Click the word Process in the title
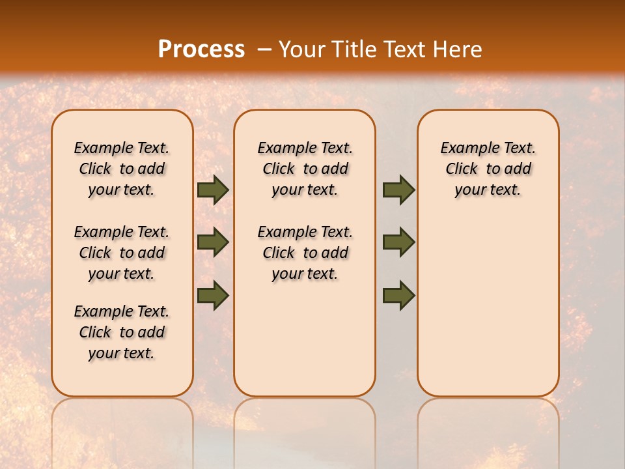201,50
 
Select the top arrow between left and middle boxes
213,190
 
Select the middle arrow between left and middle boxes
213,242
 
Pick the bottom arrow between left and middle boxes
213,296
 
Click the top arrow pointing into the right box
398,190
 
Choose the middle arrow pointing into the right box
398,242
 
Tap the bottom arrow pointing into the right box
398,296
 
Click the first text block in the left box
122,169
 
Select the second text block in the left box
122,253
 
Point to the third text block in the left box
122,332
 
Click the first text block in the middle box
305,169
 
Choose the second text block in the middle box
305,253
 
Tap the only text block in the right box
488,169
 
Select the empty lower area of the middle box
305,339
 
